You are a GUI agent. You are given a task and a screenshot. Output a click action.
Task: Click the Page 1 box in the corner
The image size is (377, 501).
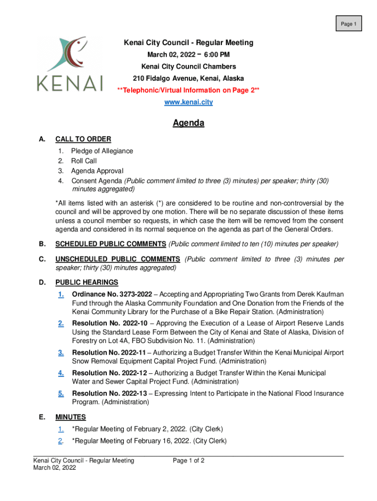coord(348,23)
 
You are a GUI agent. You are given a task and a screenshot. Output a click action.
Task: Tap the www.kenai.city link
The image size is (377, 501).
coord(188,102)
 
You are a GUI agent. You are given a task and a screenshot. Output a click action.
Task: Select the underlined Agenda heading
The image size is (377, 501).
coord(188,123)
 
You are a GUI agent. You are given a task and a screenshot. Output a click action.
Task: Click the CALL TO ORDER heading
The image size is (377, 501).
coord(83,139)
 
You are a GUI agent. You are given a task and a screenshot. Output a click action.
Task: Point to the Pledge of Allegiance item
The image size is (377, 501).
coord(102,151)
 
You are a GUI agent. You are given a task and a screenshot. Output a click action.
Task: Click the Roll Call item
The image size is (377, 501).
coord(84,161)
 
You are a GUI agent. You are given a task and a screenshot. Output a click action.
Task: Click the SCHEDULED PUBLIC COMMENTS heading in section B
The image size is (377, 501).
coord(111,244)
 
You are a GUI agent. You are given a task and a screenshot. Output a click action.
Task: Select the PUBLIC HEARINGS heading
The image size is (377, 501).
coord(87,282)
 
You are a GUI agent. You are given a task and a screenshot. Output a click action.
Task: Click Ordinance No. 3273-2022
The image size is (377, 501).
coord(112,294)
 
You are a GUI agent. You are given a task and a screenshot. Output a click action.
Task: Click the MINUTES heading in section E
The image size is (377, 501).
coord(71,417)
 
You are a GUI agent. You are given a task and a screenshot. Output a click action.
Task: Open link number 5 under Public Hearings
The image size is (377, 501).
coord(61,393)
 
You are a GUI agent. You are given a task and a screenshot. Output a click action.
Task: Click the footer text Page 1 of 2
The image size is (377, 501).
coord(188,460)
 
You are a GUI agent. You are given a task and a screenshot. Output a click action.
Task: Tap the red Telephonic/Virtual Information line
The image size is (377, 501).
coord(188,91)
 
